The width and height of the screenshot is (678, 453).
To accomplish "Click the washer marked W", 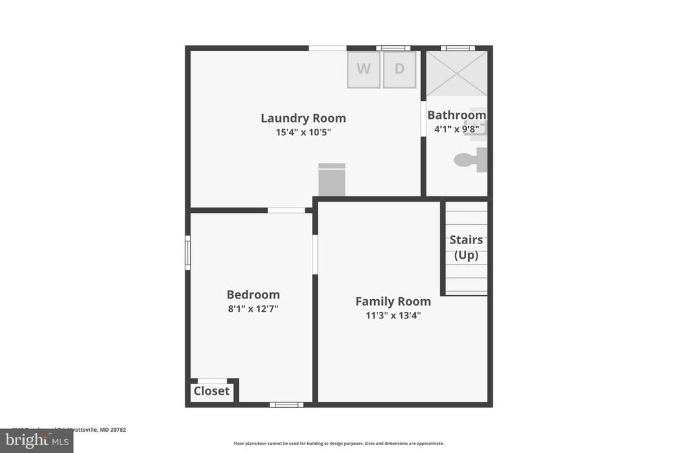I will [364, 69].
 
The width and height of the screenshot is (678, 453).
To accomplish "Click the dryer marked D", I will [399, 69].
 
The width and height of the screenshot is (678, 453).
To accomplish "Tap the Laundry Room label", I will [303, 118].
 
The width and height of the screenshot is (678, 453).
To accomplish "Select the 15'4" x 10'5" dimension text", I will [303, 132].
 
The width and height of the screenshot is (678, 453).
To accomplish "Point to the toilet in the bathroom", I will [470, 160].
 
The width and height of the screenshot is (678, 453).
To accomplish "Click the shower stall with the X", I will [457, 73].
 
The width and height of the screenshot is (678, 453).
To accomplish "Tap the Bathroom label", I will [456, 115].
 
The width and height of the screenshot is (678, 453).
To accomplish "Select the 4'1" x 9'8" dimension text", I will [456, 129].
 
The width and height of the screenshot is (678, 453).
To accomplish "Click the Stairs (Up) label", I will [466, 247].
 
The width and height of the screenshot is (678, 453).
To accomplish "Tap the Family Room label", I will [393, 301].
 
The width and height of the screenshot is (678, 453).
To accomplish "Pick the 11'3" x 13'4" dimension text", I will [393, 316].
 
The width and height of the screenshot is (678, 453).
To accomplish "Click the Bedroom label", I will [253, 294].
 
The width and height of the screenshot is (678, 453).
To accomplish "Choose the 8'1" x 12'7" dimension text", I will [253, 308].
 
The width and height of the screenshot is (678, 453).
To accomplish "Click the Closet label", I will [211, 391].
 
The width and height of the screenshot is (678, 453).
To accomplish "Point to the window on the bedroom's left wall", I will [187, 253].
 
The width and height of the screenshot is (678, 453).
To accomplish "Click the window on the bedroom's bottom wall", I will [287, 405].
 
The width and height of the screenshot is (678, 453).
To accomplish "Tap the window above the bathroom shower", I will [458, 48].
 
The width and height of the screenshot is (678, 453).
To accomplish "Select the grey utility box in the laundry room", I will [332, 180].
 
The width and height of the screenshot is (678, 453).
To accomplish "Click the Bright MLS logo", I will [36, 440].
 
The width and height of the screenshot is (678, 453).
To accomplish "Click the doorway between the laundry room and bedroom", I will [287, 210].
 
